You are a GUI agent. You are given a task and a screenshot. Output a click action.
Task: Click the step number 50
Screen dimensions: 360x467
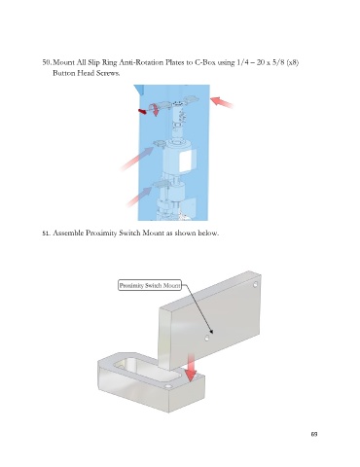pyautogui.click(x=48, y=62)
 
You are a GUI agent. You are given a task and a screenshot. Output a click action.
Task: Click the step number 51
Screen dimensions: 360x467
pyautogui.click(x=47, y=233)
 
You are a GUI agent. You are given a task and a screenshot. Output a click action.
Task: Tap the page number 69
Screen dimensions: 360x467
pyautogui.click(x=314, y=434)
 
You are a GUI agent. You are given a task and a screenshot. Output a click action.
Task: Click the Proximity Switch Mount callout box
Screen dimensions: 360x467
pyautogui.click(x=150, y=285)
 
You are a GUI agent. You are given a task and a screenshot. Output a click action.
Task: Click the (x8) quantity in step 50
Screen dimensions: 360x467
pyautogui.click(x=293, y=62)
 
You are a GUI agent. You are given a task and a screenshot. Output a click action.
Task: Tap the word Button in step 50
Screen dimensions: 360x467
pyautogui.click(x=64, y=73)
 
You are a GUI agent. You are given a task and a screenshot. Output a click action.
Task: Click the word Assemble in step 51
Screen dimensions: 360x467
pyautogui.click(x=68, y=233)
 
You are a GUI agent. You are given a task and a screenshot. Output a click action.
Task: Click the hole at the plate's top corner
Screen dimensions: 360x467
pyautogui.click(x=256, y=284)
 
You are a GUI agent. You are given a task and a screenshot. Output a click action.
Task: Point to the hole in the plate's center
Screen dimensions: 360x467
pyautogui.click(x=207, y=339)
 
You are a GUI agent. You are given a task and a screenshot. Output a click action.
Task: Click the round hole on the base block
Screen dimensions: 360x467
pyautogui.click(x=168, y=386)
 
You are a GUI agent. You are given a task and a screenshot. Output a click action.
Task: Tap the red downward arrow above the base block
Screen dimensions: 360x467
pyautogui.click(x=192, y=368)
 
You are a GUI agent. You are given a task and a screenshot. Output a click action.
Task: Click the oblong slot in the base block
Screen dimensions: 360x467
pyautogui.click(x=147, y=370)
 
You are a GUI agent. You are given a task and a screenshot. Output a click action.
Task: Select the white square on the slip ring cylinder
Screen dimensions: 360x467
pyautogui.click(x=186, y=162)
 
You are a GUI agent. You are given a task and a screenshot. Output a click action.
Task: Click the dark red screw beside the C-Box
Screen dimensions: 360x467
pyautogui.click(x=142, y=112)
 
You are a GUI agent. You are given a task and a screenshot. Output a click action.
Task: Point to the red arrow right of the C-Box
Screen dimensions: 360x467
pyautogui.click(x=222, y=102)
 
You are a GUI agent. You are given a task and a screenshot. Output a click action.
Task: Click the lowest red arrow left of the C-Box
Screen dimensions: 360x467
pyautogui.click(x=139, y=197)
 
